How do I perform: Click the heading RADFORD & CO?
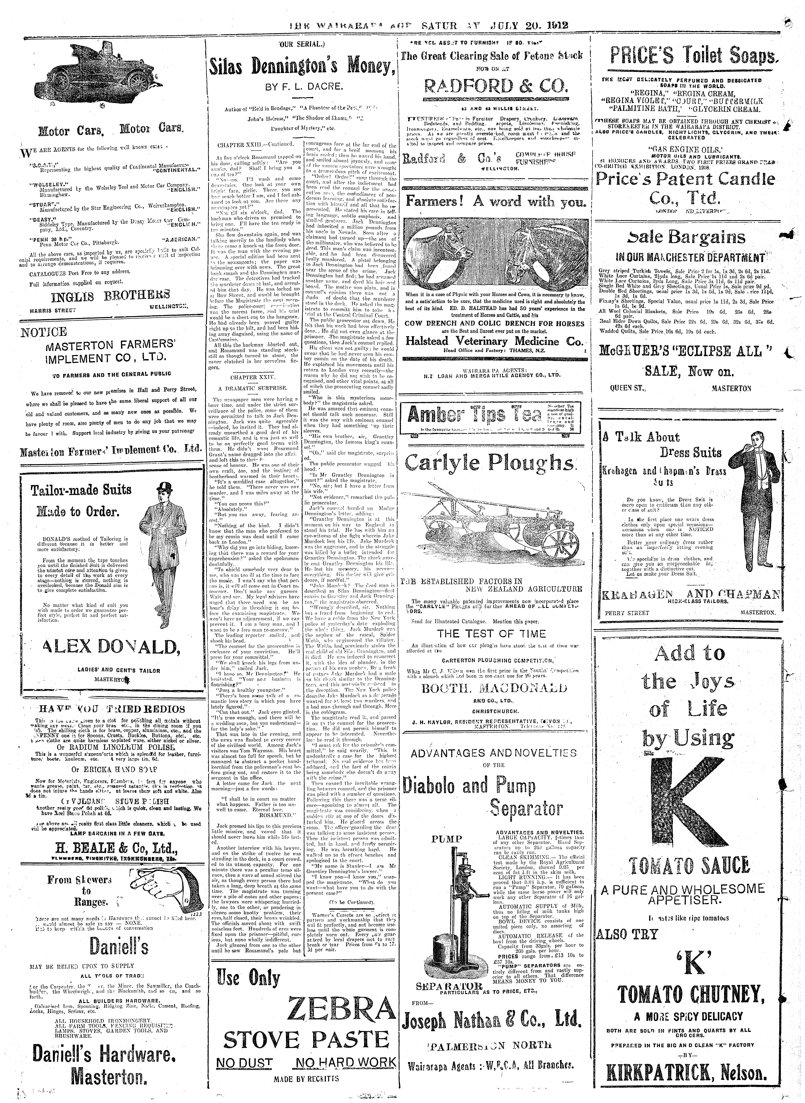click(496, 86)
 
